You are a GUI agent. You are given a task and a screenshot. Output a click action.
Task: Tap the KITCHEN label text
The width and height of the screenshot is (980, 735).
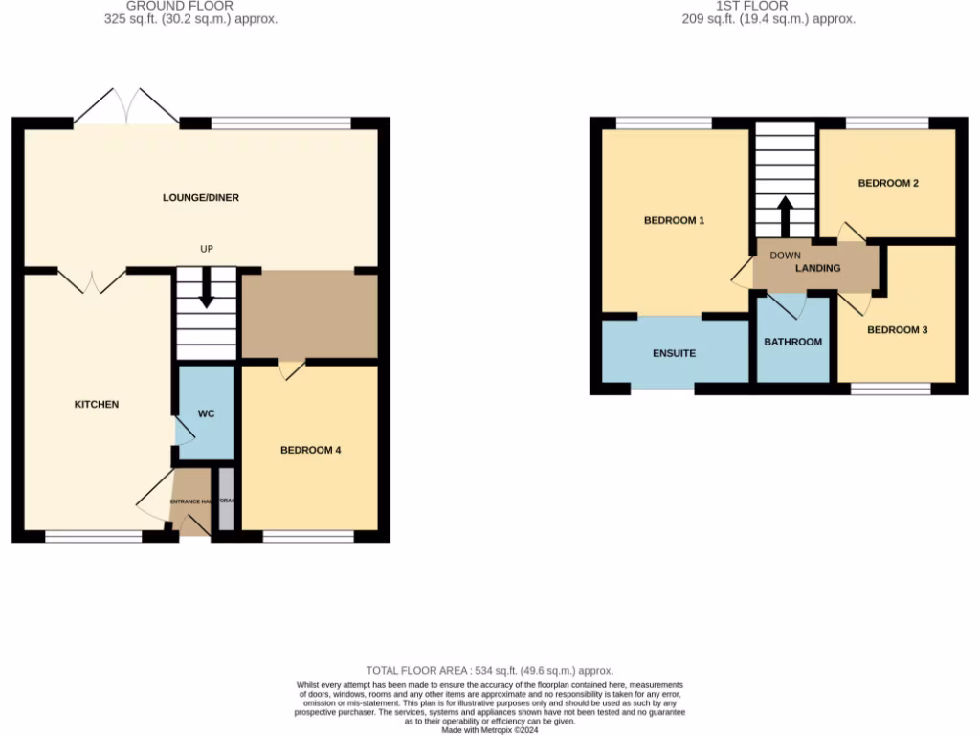[x=97, y=404]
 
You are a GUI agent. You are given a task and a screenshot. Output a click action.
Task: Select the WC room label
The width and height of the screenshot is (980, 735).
[x=206, y=413]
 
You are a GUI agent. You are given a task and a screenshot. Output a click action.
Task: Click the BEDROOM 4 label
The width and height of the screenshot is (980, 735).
[x=310, y=450]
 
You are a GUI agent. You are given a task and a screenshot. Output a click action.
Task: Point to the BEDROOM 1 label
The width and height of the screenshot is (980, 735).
[x=674, y=220]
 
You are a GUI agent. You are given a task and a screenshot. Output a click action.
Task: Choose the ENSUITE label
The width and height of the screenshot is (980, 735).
[x=674, y=353]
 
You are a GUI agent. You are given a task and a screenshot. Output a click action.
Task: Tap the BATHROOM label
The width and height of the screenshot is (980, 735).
[x=792, y=342]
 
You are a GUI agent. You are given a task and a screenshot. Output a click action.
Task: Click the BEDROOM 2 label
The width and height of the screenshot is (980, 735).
[x=888, y=183]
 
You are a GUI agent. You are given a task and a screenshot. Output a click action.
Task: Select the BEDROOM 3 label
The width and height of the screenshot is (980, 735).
[x=897, y=330]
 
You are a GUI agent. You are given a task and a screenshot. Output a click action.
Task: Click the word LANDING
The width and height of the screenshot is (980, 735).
[x=817, y=268]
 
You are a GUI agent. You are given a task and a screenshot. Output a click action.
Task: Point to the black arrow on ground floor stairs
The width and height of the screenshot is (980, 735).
[x=206, y=297]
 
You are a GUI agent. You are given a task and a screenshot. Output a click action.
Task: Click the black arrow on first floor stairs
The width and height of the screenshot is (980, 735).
[x=785, y=217]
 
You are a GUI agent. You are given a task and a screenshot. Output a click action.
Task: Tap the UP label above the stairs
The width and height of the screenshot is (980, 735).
[x=206, y=249]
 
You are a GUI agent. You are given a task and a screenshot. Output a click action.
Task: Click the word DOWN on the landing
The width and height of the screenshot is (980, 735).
[x=785, y=256]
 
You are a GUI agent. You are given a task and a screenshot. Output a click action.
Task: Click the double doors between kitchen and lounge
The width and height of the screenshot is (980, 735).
[x=92, y=281]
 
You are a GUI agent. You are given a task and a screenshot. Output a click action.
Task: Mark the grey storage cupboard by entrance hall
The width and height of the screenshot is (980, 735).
[x=226, y=498]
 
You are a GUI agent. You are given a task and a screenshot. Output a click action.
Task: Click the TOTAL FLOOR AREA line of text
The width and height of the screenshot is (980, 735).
[x=489, y=671]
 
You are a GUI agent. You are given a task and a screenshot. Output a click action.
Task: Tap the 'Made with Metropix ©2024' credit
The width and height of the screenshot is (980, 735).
[x=489, y=729]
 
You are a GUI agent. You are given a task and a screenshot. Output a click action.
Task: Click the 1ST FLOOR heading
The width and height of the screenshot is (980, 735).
[x=756, y=6]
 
